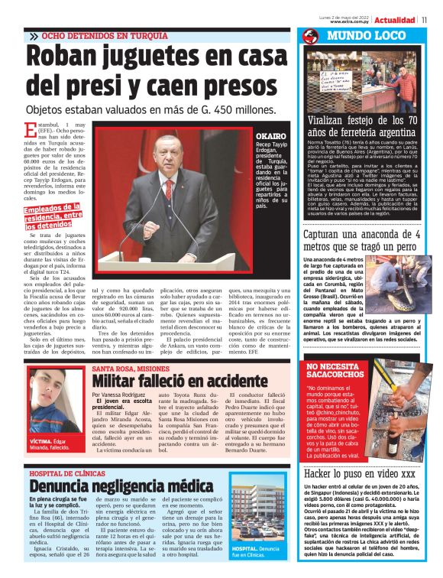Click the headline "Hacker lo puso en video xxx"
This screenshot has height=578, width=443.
tap(360, 474)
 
